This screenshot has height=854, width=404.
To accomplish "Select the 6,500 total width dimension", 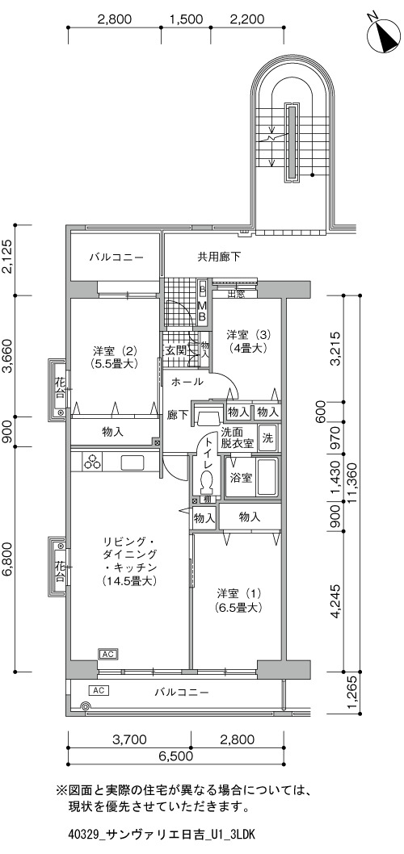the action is pos(175,756).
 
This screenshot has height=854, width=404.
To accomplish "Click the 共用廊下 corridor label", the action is pos(219,256).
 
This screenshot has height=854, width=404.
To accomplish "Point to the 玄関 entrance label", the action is pos(176,350).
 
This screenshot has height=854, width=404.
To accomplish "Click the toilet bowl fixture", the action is pos(206,483).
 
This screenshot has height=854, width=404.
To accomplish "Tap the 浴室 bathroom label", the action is pos(241,478).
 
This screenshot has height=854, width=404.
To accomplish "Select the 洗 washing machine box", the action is pos(267,437).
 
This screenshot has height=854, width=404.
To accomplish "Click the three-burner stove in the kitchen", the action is pos(92,462).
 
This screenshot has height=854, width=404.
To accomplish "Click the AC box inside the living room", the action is pos(107,654).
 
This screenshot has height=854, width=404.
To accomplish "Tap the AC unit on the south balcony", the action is pos(98,691).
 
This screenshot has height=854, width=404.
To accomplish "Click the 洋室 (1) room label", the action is pos(239,599).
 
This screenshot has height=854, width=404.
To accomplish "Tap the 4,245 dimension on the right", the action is pos(336,601).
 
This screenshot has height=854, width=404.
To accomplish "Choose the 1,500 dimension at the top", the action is pos(187,19).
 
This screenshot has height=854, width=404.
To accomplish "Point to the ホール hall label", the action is pos(187,381).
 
